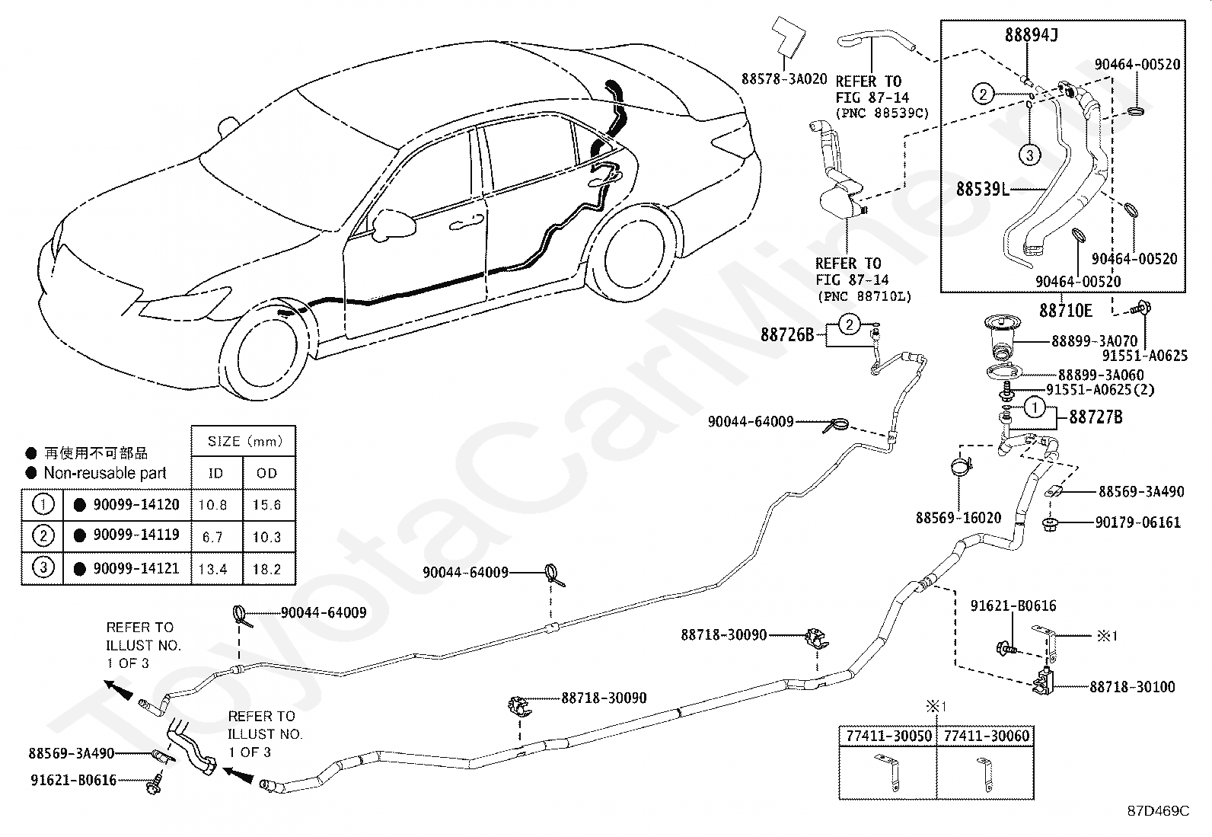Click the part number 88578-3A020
(784, 79)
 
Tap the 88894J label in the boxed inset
(1032, 35)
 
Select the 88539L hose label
(983, 189)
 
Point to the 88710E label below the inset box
(1065, 311)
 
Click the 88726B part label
(787, 335)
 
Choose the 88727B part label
(1096, 417)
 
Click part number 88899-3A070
(1095, 341)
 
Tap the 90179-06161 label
(1138, 522)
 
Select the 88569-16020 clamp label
(958, 518)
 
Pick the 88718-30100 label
(1132, 687)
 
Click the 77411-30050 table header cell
(888, 736)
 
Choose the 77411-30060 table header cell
(986, 736)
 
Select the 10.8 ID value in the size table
(212, 505)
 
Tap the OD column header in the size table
(266, 473)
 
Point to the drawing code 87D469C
(1158, 811)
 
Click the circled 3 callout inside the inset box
(1029, 156)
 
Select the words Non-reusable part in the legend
(105, 473)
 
